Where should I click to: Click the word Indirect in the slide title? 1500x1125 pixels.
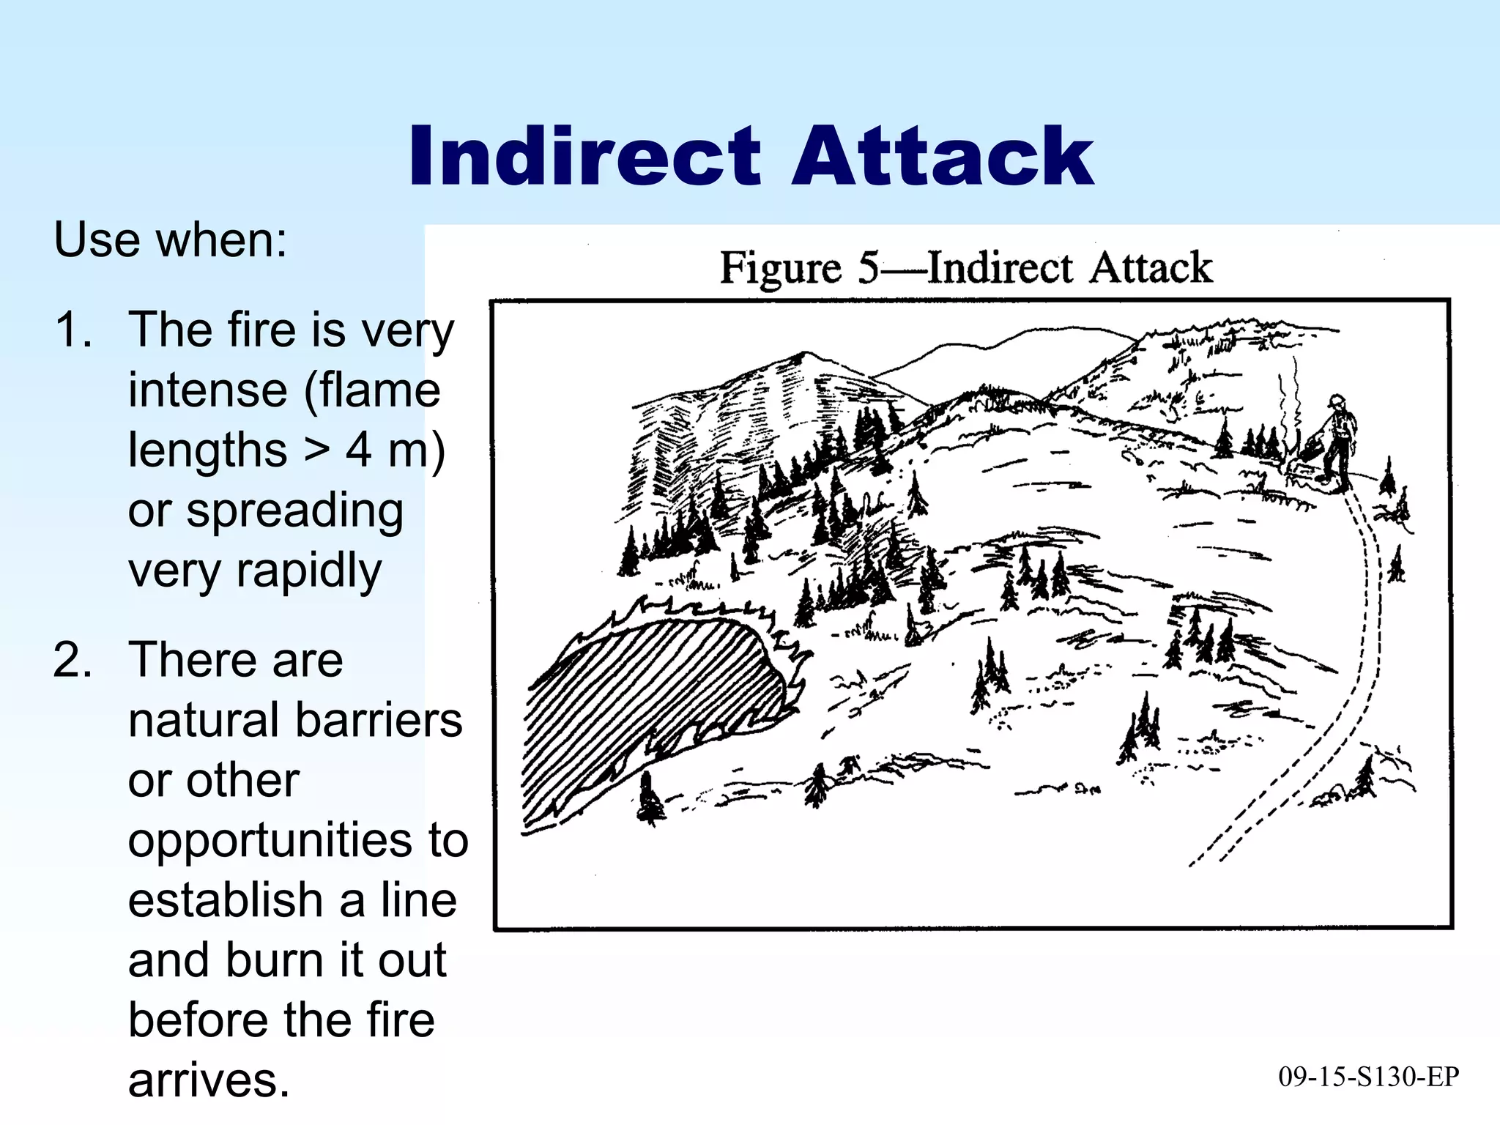coord(584,157)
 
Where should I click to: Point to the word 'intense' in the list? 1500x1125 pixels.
coord(207,390)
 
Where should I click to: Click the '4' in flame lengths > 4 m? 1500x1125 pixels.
coord(358,449)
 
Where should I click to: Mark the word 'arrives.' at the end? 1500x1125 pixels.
coord(209,1080)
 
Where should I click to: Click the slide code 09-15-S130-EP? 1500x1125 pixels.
coord(1368,1077)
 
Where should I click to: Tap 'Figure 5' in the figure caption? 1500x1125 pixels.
coord(798,268)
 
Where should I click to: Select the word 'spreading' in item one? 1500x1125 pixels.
coord(294,510)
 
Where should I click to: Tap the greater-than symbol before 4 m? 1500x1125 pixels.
coord(316,449)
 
